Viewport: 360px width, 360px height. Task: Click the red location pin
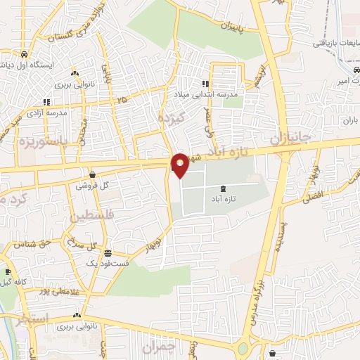tap(181, 165)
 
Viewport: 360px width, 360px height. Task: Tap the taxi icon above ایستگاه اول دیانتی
tap(25, 54)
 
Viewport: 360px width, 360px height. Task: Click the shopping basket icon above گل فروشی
tap(92, 174)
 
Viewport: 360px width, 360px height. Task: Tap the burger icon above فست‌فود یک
tap(108, 252)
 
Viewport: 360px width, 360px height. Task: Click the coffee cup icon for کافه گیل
tap(7, 272)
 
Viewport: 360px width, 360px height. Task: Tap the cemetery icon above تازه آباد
tap(224, 188)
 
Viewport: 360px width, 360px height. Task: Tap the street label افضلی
tap(311, 193)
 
